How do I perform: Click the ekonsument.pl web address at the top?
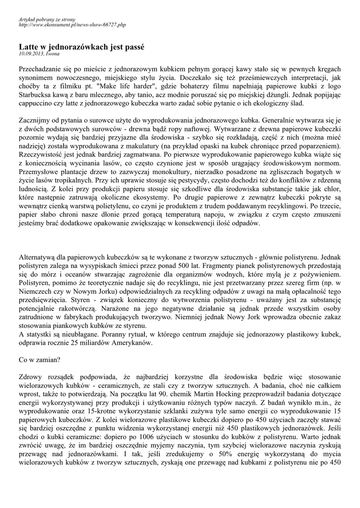coord(72,24)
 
